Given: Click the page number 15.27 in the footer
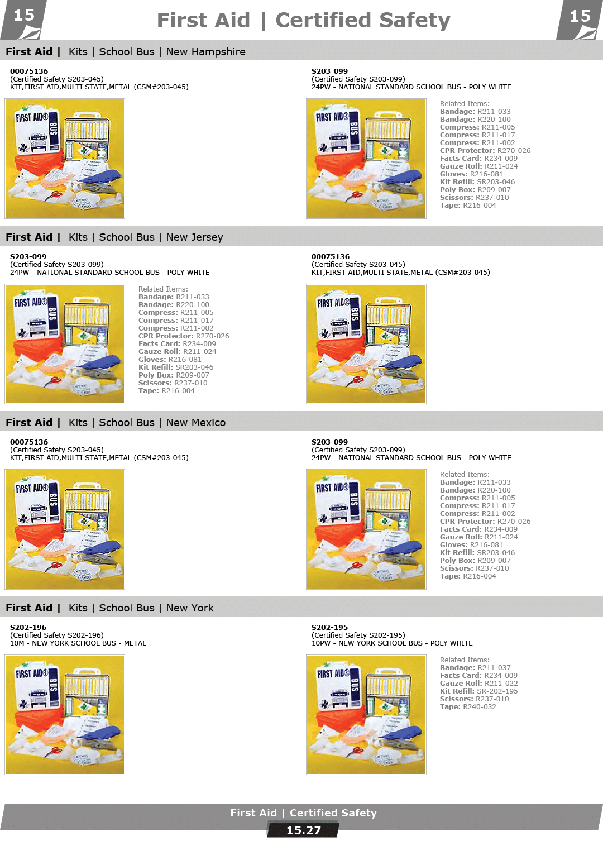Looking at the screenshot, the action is coord(304,830).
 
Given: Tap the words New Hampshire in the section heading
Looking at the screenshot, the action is coord(206,52).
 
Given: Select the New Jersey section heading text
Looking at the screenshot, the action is coord(194,237).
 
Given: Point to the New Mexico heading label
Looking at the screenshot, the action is coord(196,423).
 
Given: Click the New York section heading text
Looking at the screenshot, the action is coord(190,608).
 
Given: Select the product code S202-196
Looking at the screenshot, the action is coord(28,627).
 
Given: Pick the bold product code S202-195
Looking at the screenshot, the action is coord(329,627).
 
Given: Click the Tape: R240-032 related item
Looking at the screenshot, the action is coord(468,706).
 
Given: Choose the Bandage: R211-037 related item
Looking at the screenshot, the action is coord(475,667).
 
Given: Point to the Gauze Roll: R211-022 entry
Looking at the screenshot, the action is coord(478,684).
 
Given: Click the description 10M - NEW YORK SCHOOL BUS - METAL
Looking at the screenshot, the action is coord(78,643).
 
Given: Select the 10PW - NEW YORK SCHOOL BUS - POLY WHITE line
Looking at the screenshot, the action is coord(392,643).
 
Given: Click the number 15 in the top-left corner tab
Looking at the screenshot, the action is coord(24,16).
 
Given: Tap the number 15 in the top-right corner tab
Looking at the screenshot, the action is coord(580,16).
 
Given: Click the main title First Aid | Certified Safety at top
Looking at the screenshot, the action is coord(303,20).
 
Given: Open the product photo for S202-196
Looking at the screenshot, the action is coord(65,714).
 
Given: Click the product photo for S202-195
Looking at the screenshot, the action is coord(366,714).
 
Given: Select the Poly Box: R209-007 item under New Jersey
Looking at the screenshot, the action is coord(174,375).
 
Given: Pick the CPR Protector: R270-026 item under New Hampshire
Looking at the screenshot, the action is coord(485,151).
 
